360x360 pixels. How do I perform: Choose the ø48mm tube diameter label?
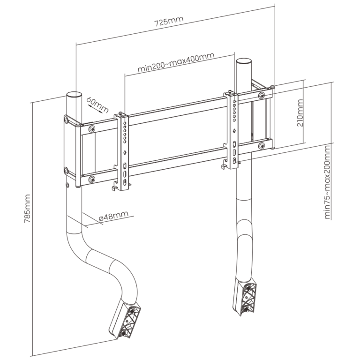(113, 215)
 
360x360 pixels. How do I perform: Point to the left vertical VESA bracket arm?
(124, 150)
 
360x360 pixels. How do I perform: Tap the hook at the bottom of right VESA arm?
(224, 165)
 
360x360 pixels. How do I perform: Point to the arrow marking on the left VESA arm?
(125, 153)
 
